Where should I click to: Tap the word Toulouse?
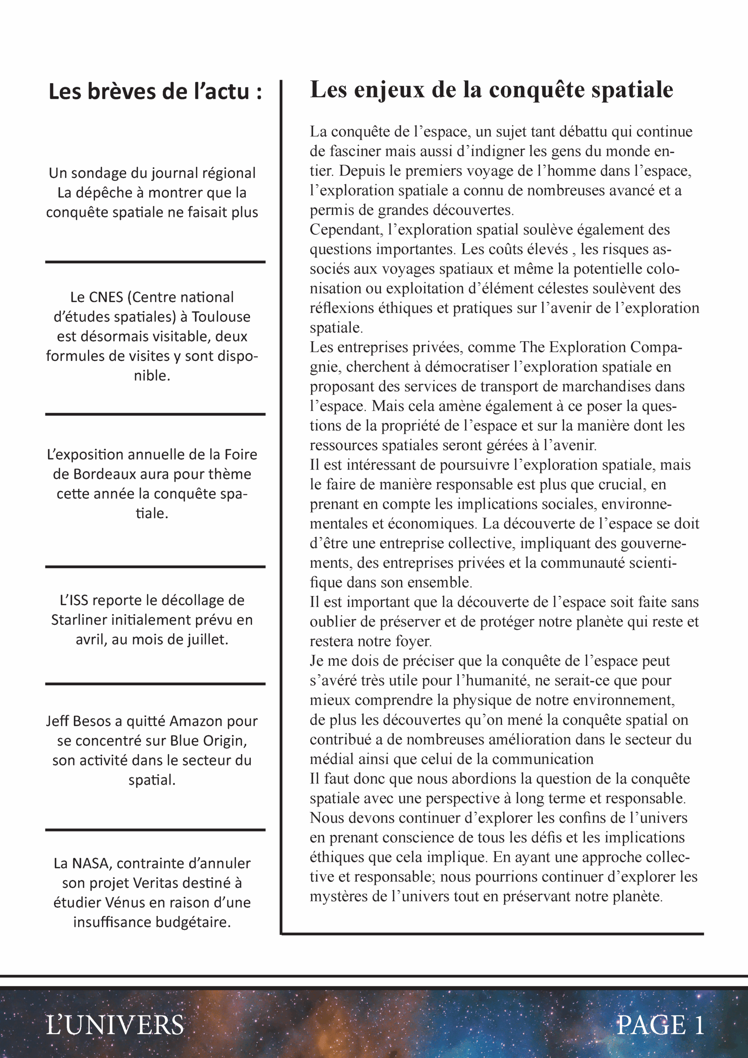(x=221, y=317)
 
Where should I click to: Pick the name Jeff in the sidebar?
(x=57, y=721)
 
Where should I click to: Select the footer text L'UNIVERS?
(x=115, y=1025)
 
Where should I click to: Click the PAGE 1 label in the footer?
(x=660, y=1025)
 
